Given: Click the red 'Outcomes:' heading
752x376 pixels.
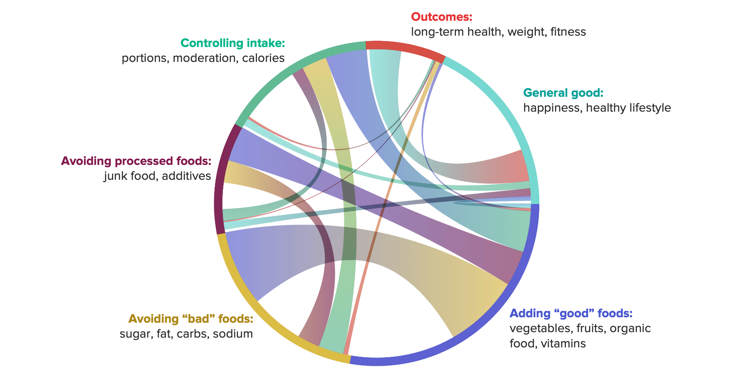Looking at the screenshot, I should [x=441, y=17].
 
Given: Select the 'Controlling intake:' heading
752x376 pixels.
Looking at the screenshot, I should [x=232, y=43].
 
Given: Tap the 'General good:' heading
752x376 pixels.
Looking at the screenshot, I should [x=563, y=93].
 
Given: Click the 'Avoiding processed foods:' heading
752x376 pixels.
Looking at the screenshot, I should [x=136, y=161].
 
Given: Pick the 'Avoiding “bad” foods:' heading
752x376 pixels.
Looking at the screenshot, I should [x=191, y=319].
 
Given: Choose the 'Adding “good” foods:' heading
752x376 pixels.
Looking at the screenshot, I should [x=571, y=313].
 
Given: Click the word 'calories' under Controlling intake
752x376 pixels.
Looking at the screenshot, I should [x=263, y=58].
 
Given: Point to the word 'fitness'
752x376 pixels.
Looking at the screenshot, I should [x=568, y=32].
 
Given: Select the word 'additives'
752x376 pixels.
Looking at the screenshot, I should [x=186, y=176].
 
